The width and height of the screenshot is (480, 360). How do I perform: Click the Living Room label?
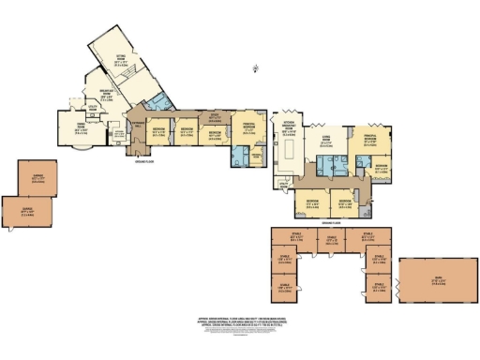326,141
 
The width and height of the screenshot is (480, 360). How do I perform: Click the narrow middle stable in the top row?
331,239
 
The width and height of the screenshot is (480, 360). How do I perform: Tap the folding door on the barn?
399,280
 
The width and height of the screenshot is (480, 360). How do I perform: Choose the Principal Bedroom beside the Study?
247,129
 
